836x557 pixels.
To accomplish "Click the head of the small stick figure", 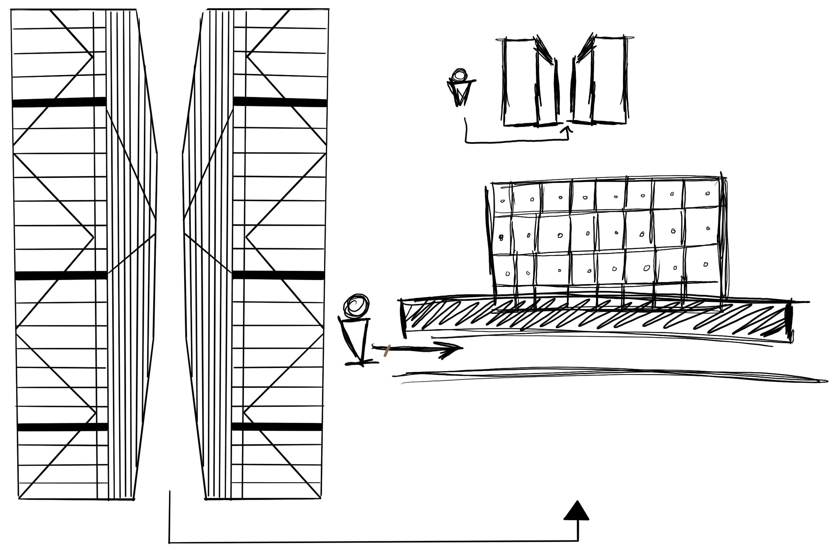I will (459, 75).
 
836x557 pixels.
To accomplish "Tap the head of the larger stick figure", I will (356, 306).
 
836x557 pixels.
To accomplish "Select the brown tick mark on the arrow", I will (387, 351).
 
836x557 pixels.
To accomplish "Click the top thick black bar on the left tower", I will (59, 102).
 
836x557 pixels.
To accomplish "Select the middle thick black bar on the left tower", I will (62, 276).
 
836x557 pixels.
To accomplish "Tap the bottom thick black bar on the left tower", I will (63, 427).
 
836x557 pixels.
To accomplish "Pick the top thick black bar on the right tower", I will (280, 102).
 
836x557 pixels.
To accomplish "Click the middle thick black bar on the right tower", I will (278, 275).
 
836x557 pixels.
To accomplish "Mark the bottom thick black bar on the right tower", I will (277, 427).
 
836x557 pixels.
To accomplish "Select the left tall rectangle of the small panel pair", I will (520, 82).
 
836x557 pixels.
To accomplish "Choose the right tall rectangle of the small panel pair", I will (609, 80).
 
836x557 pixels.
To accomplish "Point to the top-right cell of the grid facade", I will (701, 194).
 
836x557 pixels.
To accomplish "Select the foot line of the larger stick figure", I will (362, 364).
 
